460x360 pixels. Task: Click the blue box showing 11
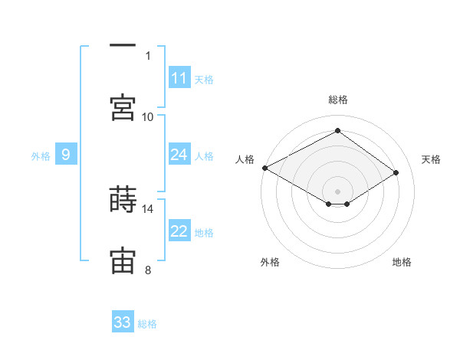coord(179,78)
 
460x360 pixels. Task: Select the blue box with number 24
coord(179,155)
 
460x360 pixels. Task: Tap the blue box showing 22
coord(179,232)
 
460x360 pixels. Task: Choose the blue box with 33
coord(123,322)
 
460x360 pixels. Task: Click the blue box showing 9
coord(66,155)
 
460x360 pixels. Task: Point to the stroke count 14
coord(148,208)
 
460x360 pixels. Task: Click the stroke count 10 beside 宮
coord(148,116)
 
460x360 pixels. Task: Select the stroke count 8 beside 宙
coord(148,270)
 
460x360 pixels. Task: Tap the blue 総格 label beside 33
coord(147,324)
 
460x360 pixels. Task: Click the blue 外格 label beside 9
coord(41,156)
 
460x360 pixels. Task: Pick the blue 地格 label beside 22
coord(204,233)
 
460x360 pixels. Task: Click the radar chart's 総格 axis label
coord(338,100)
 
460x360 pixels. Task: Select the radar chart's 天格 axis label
coord(431,159)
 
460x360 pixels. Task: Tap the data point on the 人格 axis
coord(264,168)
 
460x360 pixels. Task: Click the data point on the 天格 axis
coord(396,173)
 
